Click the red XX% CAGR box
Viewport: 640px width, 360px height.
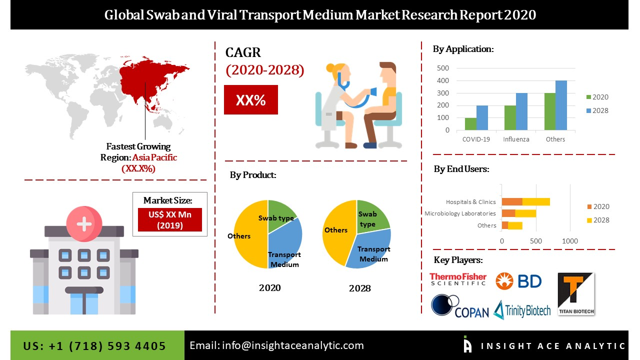point(250,100)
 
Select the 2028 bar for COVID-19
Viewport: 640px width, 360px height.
point(482,118)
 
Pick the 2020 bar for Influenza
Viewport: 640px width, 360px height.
point(510,118)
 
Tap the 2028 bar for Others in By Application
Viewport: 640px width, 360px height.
point(561,105)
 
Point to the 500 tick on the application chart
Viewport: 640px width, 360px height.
point(443,68)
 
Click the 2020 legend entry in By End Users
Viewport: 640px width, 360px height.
point(597,206)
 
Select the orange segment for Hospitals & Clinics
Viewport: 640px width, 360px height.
point(512,201)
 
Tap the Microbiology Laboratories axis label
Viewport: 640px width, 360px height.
point(460,213)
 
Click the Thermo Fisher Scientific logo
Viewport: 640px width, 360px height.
point(457,279)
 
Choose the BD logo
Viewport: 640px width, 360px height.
point(518,281)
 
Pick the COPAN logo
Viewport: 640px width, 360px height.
point(460,306)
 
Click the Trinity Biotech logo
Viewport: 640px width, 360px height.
point(522,310)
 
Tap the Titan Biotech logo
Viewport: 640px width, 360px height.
point(576,294)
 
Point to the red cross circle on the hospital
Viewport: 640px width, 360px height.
point(83,223)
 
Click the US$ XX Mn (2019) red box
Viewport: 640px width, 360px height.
point(169,219)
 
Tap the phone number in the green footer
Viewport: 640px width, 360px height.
point(94,345)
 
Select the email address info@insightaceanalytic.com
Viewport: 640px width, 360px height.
point(276,345)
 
